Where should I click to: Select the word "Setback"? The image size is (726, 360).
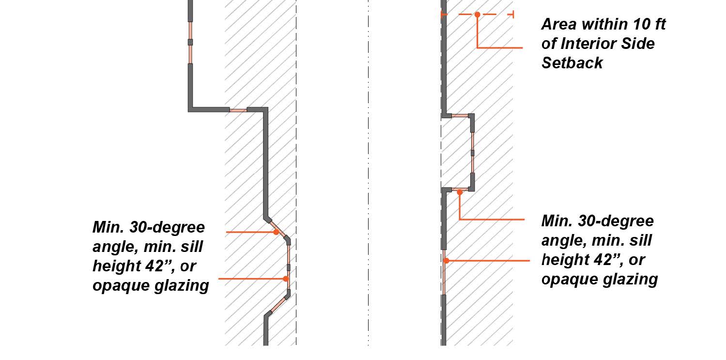click(x=572, y=63)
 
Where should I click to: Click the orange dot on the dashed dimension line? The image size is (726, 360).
click(x=477, y=15)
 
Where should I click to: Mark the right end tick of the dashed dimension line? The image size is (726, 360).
click(x=513, y=15)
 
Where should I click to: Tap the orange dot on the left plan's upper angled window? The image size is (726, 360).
click(x=276, y=232)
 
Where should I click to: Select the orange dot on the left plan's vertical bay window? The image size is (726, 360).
click(x=286, y=279)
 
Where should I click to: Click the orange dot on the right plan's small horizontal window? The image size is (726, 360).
click(x=460, y=192)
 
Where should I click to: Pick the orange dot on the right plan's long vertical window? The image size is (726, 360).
click(x=446, y=261)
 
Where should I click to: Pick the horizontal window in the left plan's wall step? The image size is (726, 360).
click(x=238, y=110)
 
